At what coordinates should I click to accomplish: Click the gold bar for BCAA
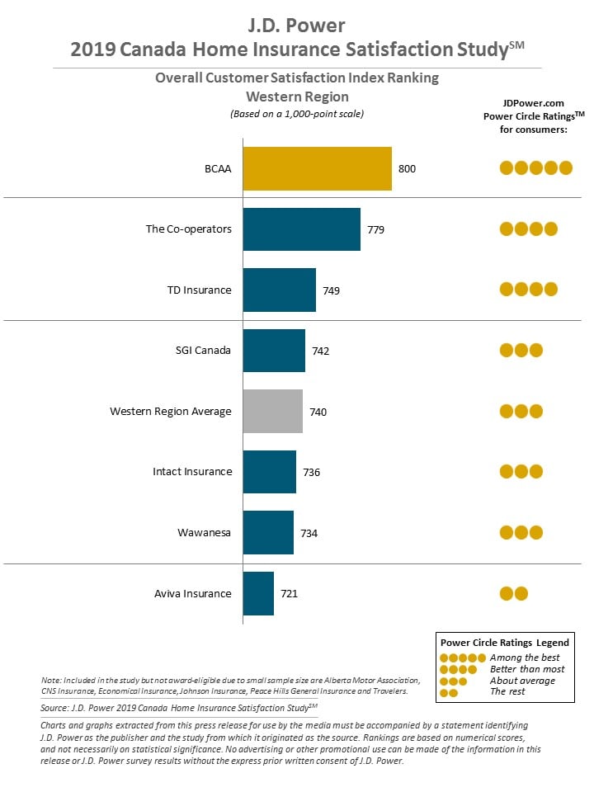[x=317, y=168]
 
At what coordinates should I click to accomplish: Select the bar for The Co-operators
[x=302, y=229]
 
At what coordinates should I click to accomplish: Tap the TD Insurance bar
[x=280, y=290]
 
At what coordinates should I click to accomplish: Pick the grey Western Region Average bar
[x=273, y=411]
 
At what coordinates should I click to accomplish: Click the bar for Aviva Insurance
[x=258, y=593]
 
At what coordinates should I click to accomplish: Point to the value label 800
[x=407, y=168]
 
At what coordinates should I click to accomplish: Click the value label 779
[x=376, y=230]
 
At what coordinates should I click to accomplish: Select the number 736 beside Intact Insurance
[x=312, y=472]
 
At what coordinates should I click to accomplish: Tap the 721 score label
[x=290, y=593]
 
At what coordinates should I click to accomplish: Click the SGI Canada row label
[x=203, y=350]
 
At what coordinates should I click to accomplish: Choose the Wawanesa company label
[x=204, y=532]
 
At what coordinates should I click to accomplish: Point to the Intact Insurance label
[x=192, y=471]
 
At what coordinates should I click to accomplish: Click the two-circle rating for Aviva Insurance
[x=514, y=593]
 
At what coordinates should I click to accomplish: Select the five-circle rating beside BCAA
[x=536, y=167]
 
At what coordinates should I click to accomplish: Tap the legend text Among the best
[x=525, y=658]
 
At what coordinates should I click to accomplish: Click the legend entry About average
[x=522, y=681]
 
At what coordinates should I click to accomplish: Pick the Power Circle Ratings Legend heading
[x=505, y=643]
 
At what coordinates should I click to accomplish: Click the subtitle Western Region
[x=297, y=97]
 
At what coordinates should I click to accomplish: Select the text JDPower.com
[x=534, y=103]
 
